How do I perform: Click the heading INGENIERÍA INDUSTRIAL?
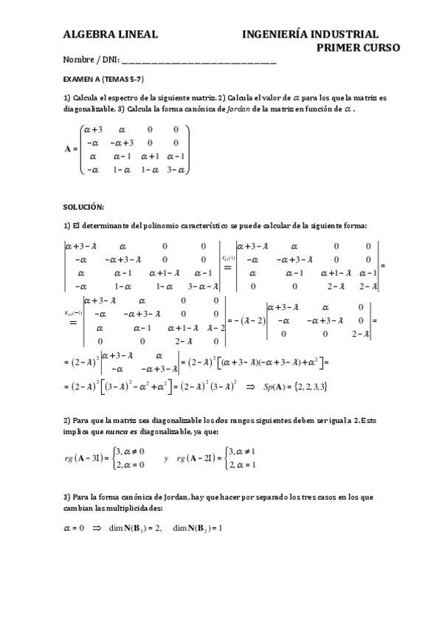pyautogui.click(x=310, y=34)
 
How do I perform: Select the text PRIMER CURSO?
pyautogui.click(x=358, y=48)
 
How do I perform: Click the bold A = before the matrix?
pyautogui.click(x=71, y=148)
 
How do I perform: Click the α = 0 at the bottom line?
pyautogui.click(x=75, y=528)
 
